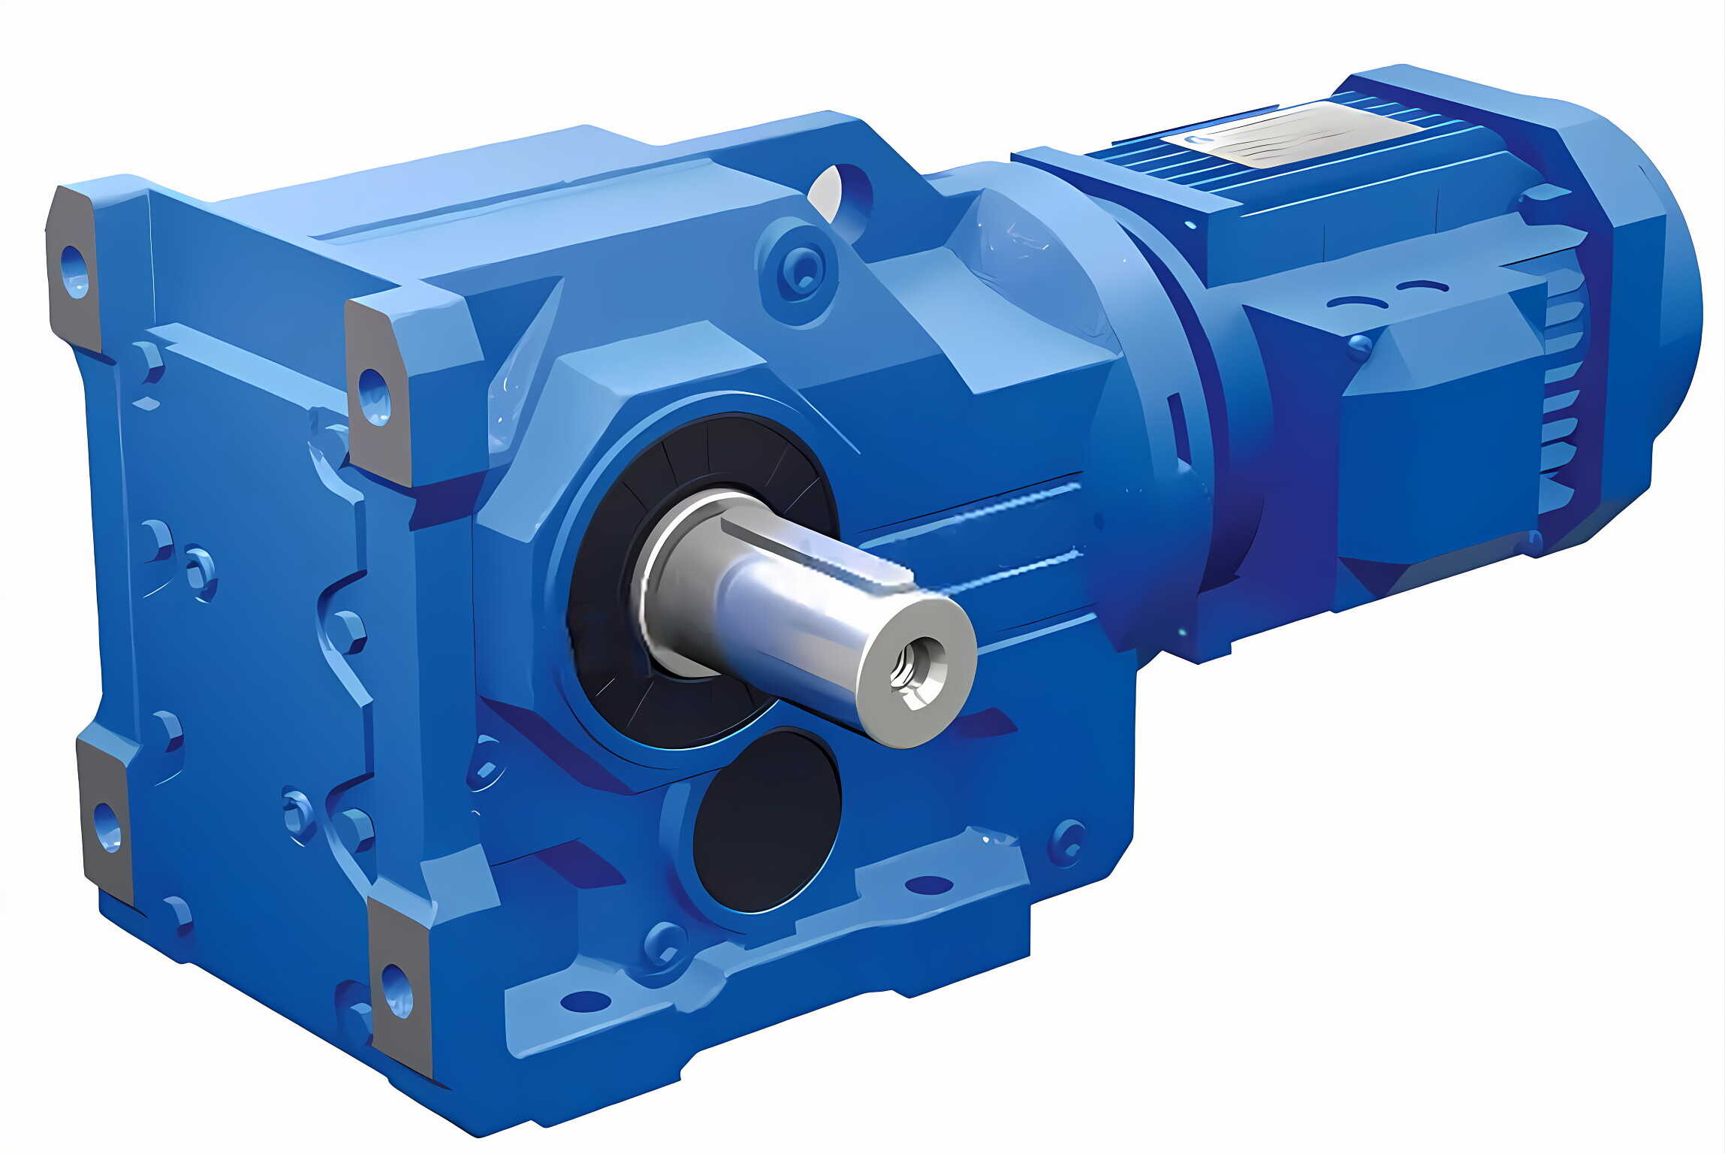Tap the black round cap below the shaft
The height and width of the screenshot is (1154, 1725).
click(766, 822)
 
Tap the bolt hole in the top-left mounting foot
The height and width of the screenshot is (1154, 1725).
click(74, 271)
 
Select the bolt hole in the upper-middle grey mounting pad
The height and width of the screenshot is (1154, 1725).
click(373, 396)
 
